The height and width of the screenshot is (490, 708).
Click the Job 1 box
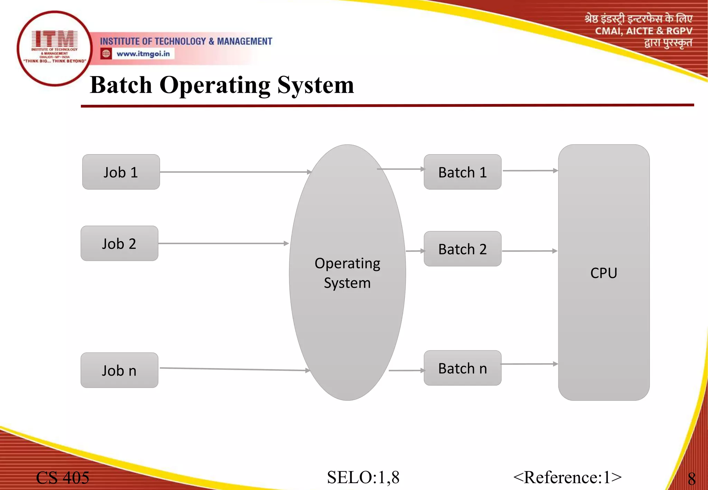click(121, 172)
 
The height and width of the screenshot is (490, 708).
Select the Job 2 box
click(119, 243)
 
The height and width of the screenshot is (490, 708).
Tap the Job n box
click(119, 370)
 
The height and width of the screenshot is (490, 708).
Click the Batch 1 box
click(463, 172)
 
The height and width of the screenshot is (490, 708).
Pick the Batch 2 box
click(463, 249)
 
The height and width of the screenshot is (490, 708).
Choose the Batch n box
click(463, 368)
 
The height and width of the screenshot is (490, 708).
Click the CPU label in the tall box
click(604, 273)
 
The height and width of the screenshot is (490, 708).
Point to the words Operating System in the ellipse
click(347, 273)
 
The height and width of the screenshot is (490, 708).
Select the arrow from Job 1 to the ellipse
click(235, 172)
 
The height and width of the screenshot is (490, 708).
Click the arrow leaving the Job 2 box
click(223, 243)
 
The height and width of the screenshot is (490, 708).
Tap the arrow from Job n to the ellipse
click(235, 369)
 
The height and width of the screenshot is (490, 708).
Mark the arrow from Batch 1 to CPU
click(530, 171)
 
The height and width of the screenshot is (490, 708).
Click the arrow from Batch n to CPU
click(529, 364)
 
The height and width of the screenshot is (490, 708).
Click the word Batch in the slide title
click(121, 85)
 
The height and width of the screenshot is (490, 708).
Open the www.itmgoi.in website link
click(143, 54)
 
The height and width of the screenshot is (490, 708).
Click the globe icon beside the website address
click(106, 54)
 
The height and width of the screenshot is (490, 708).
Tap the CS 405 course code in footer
click(63, 478)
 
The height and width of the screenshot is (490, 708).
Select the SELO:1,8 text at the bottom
click(363, 478)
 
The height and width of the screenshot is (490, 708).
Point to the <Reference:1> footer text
click(567, 478)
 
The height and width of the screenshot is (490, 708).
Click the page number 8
click(691, 479)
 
